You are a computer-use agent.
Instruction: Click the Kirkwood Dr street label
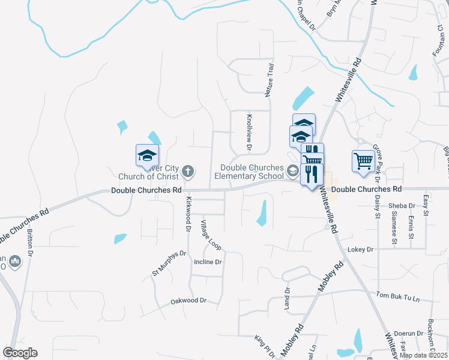[188, 214]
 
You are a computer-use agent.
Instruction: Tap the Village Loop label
[211, 235]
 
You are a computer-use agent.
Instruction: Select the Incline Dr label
[208, 262]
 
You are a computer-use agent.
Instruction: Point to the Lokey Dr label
[361, 249]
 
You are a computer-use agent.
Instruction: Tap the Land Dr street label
[287, 299]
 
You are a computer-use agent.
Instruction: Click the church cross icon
[187, 172]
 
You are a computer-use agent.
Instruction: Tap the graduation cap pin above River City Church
[147, 156]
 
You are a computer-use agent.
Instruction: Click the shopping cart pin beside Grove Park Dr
[363, 161]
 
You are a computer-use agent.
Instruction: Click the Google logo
[20, 353]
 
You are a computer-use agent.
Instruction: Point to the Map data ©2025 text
[423, 355]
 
